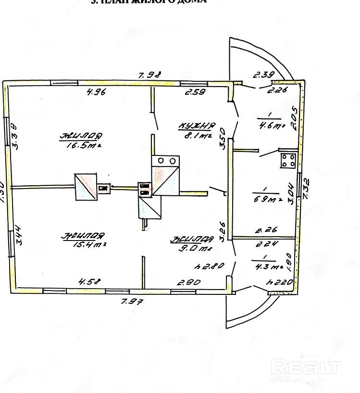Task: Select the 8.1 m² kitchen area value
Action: click(x=197, y=136)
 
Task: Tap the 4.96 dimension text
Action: click(x=96, y=92)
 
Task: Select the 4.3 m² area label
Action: click(x=265, y=266)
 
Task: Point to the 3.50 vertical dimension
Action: click(x=222, y=132)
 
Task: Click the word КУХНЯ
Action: click(x=196, y=126)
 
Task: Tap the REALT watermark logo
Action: click(x=306, y=368)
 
